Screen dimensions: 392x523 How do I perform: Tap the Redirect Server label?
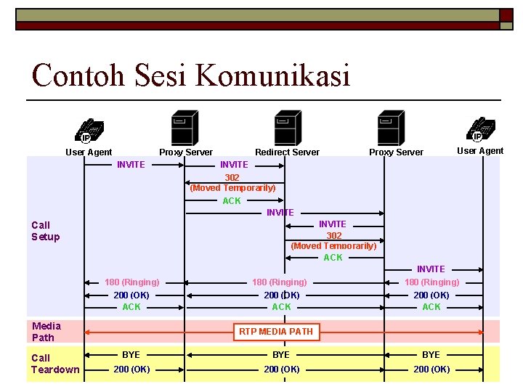click(x=287, y=152)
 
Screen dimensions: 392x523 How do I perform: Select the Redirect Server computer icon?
click(x=288, y=128)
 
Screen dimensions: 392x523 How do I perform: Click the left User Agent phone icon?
click(x=89, y=129)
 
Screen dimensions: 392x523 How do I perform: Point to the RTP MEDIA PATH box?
click(x=276, y=332)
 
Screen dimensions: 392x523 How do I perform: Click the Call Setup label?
click(x=45, y=231)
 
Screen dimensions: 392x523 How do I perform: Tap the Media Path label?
click(x=46, y=332)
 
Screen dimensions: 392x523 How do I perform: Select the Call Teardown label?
click(x=55, y=364)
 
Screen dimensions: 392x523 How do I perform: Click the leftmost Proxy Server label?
click(x=186, y=152)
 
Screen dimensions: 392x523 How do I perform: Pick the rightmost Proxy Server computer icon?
click(x=392, y=128)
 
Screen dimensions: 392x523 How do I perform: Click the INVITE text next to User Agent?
click(x=131, y=165)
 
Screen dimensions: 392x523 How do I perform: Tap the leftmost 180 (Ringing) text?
click(x=132, y=282)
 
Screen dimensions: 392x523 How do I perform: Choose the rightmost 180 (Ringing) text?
click(x=431, y=282)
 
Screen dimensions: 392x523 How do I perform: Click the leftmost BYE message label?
click(x=131, y=355)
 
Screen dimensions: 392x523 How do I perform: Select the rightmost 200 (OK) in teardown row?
click(x=431, y=369)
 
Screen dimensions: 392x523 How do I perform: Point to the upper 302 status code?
click(x=232, y=177)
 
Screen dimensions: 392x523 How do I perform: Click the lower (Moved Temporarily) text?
click(x=333, y=246)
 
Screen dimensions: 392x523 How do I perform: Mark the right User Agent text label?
click(x=479, y=151)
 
